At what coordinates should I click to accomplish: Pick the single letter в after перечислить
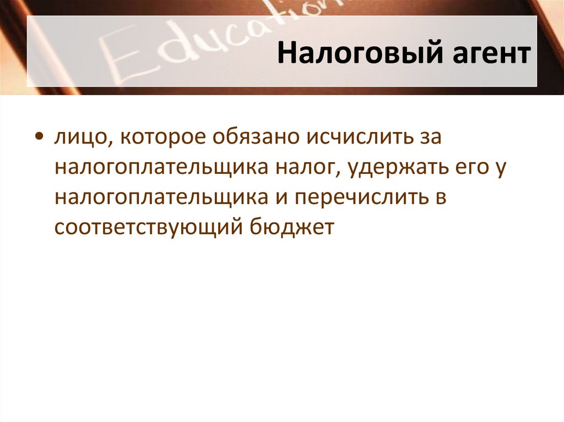[439, 197]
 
